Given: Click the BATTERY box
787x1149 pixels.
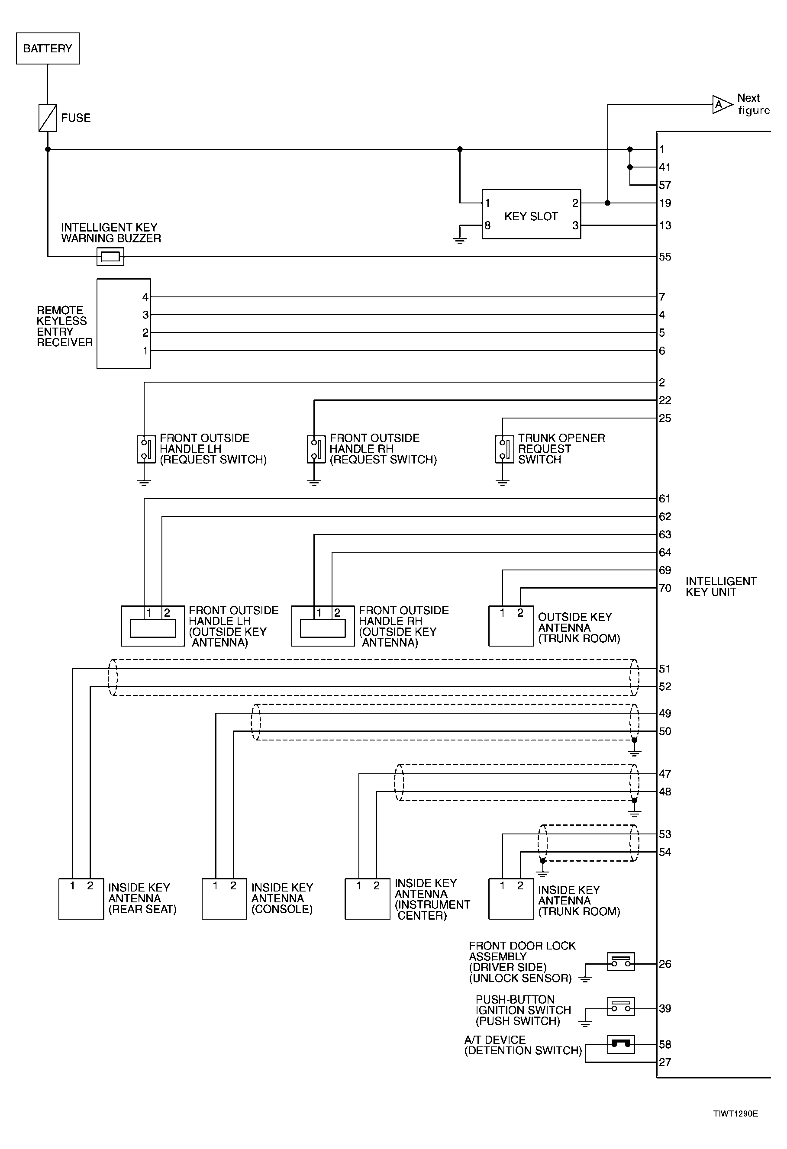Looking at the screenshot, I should [x=48, y=48].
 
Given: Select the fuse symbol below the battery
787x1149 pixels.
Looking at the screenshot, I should [x=48, y=118].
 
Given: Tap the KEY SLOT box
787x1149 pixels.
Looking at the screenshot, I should [x=531, y=214].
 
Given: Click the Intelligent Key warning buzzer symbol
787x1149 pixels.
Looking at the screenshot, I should [x=110, y=257].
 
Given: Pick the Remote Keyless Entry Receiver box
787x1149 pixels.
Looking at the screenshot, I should [x=124, y=323].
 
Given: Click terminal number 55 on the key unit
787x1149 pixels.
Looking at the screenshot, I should [x=665, y=257].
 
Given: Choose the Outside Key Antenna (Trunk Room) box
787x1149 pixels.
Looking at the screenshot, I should [x=511, y=626].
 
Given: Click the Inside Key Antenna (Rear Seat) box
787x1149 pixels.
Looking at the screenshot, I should [x=81, y=899].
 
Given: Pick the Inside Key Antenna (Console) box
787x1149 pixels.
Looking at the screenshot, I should [x=224, y=899].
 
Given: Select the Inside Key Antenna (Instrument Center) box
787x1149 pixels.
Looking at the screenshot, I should [x=367, y=899].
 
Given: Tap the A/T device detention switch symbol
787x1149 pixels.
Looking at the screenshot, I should [x=621, y=1045].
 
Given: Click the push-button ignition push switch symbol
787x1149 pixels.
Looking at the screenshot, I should [x=621, y=1007].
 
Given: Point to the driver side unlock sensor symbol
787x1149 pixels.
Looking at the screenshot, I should [x=621, y=962].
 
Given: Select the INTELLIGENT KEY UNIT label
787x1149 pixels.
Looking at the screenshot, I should [x=721, y=586].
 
